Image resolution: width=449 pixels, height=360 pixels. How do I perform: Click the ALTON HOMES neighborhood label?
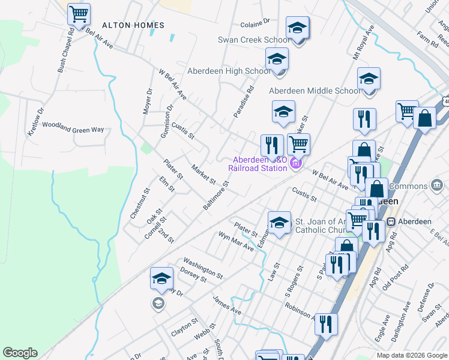click(x=133, y=25)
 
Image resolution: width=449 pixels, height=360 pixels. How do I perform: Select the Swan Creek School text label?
click(x=253, y=40)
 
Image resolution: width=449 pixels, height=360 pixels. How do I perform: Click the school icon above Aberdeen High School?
click(x=277, y=59)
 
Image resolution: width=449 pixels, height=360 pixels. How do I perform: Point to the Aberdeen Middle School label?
click(x=315, y=91)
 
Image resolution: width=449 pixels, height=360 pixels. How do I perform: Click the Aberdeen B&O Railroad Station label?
click(x=260, y=164)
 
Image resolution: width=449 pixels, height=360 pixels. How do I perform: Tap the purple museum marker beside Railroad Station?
click(x=295, y=163)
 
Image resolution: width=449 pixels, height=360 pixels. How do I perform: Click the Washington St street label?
click(x=203, y=268)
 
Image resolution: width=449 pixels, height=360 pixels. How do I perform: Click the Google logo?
click(x=20, y=353)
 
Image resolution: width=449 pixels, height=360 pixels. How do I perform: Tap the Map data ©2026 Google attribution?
click(x=412, y=355)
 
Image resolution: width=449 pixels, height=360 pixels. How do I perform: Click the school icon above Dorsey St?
click(x=162, y=278)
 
